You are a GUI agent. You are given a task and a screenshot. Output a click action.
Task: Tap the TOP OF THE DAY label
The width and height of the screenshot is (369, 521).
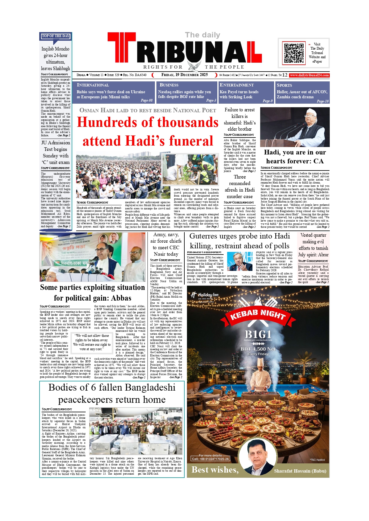pyautogui.click(x=56, y=36)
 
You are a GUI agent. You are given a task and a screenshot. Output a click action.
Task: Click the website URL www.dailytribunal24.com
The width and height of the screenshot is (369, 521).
pyautogui.click(x=309, y=75)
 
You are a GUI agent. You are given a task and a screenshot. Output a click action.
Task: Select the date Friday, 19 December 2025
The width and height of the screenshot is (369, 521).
pyautogui.click(x=184, y=75)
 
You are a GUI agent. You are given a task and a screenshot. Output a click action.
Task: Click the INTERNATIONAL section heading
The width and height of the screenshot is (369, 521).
pyautogui.click(x=93, y=85)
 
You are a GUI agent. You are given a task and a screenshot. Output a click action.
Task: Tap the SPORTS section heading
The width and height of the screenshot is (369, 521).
pyautogui.click(x=284, y=85)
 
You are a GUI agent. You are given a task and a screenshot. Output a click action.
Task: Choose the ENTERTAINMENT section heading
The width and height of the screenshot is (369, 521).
pyautogui.click(x=237, y=85)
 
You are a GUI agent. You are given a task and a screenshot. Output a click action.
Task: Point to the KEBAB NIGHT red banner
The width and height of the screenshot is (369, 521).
pyautogui.click(x=258, y=315)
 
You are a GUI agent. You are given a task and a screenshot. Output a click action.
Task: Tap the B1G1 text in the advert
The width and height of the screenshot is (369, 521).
pyautogui.click(x=258, y=334)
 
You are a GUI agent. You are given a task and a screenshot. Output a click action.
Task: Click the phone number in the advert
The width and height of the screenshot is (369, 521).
pyautogui.click(x=210, y=459)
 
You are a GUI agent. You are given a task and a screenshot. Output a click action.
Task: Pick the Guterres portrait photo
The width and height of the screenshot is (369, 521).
pyautogui.click(x=240, y=261)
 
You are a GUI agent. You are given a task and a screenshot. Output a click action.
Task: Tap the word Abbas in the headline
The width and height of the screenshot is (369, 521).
pyautogui.click(x=121, y=298)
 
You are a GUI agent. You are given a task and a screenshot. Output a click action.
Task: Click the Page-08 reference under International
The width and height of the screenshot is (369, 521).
pyautogui.click(x=147, y=100)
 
